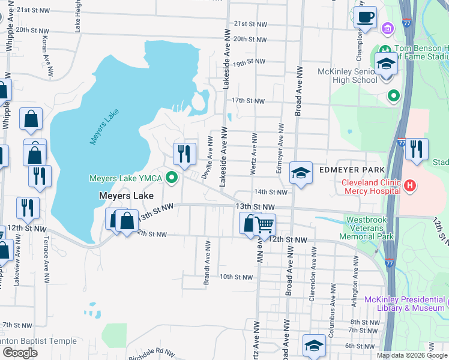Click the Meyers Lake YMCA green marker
coord(172,178)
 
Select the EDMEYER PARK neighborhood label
coord(352,170)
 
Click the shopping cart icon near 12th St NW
coord(264,225)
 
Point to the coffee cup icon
coord(366,18)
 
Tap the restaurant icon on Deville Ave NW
coord(184,154)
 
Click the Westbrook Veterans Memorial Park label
coord(370,228)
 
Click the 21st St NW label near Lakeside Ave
coord(250,23)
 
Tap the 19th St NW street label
coord(249,62)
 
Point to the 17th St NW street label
coord(248,101)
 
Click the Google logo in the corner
coord(20,353)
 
